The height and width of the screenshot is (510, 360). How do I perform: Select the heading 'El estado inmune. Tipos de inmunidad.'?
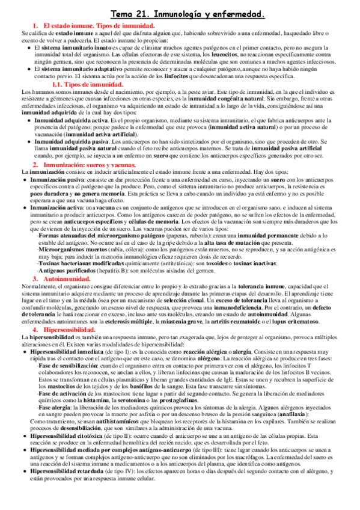pyautogui.click(x=98, y=25)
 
